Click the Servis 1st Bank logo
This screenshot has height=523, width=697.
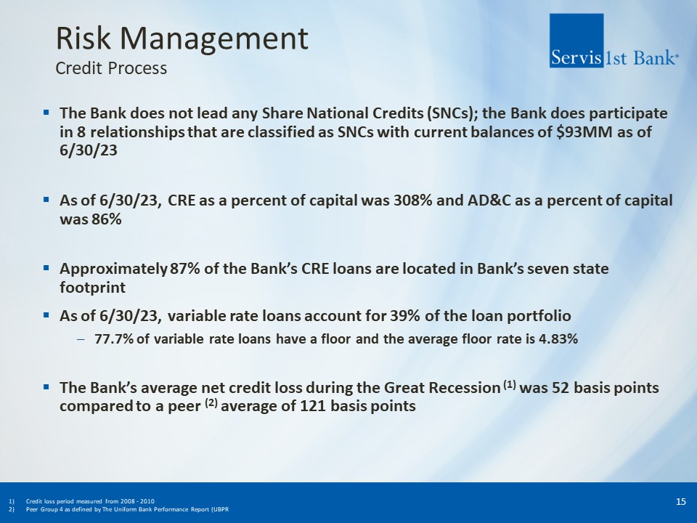tap(614, 41)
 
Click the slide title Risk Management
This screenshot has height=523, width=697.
tap(182, 38)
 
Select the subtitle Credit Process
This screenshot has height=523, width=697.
tap(111, 68)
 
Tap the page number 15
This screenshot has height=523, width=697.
tap(680, 502)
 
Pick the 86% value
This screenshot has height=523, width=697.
tap(107, 219)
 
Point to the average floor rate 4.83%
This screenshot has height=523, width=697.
tap(558, 339)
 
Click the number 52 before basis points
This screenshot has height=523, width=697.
tap(561, 388)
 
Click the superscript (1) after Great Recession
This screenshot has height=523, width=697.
tap(510, 384)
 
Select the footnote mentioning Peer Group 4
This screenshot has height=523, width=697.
tap(128, 509)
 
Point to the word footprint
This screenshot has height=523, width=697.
tap(92, 288)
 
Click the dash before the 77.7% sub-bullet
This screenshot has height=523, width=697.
tap(81, 339)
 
